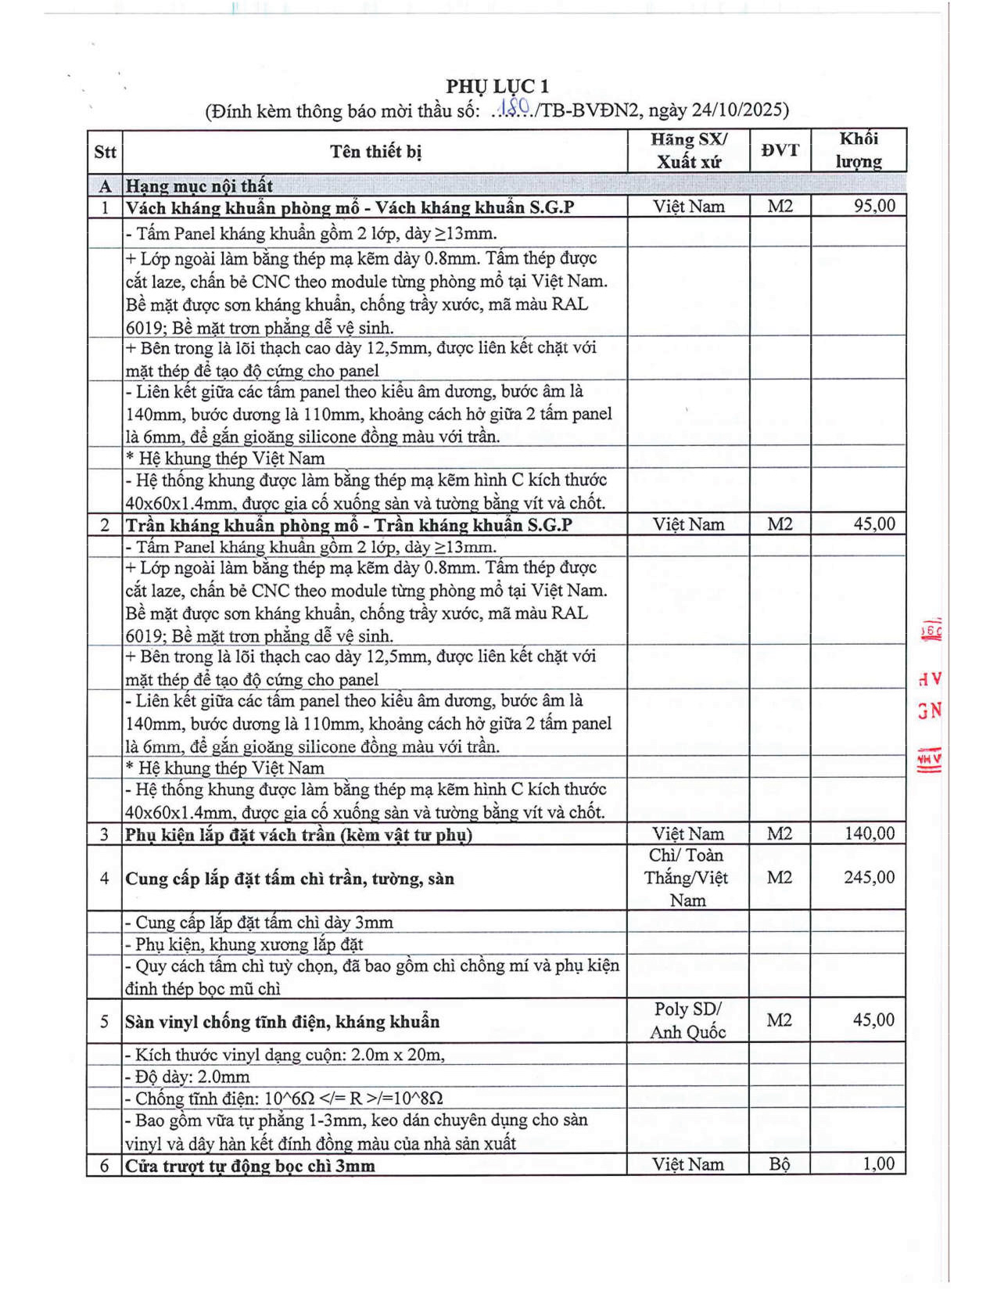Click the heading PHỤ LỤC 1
pyautogui.click(x=497, y=86)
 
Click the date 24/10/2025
pyautogui.click(x=739, y=110)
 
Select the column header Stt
pyautogui.click(x=105, y=152)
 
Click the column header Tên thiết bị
pyautogui.click(x=375, y=151)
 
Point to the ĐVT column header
pyautogui.click(x=780, y=150)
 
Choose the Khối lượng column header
pyautogui.click(x=859, y=150)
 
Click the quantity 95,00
pyautogui.click(x=874, y=206)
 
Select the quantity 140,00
pyautogui.click(x=870, y=833)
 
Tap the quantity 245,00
pyautogui.click(x=870, y=877)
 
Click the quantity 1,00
pyautogui.click(x=878, y=1164)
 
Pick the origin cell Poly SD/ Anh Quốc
pyautogui.click(x=688, y=1020)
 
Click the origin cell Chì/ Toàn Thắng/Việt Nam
pyautogui.click(x=687, y=877)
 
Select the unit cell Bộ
pyautogui.click(x=780, y=1164)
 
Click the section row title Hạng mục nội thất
pyautogui.click(x=199, y=186)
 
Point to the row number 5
pyautogui.click(x=104, y=1021)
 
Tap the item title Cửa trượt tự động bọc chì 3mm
pyautogui.click(x=250, y=1166)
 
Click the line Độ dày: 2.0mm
pyautogui.click(x=188, y=1077)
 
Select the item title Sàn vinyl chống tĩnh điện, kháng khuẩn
pyautogui.click(x=282, y=1022)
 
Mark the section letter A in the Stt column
pyautogui.click(x=105, y=186)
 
